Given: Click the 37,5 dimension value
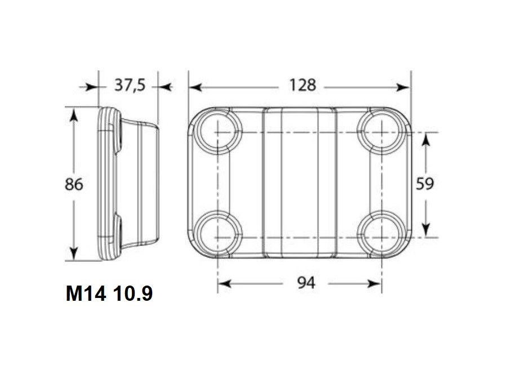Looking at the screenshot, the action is click(130, 86).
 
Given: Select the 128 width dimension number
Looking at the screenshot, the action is click(303, 85).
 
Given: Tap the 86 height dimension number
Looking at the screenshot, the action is click(74, 184).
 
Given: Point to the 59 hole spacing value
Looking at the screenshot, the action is click(425, 184).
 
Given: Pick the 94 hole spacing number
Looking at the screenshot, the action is click(306, 283).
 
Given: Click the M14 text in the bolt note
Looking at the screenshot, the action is click(86, 293).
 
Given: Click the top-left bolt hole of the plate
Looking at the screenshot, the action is click(218, 132).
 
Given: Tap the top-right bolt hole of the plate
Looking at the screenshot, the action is click(382, 132).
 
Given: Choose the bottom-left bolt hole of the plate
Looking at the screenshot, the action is click(218, 234).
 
